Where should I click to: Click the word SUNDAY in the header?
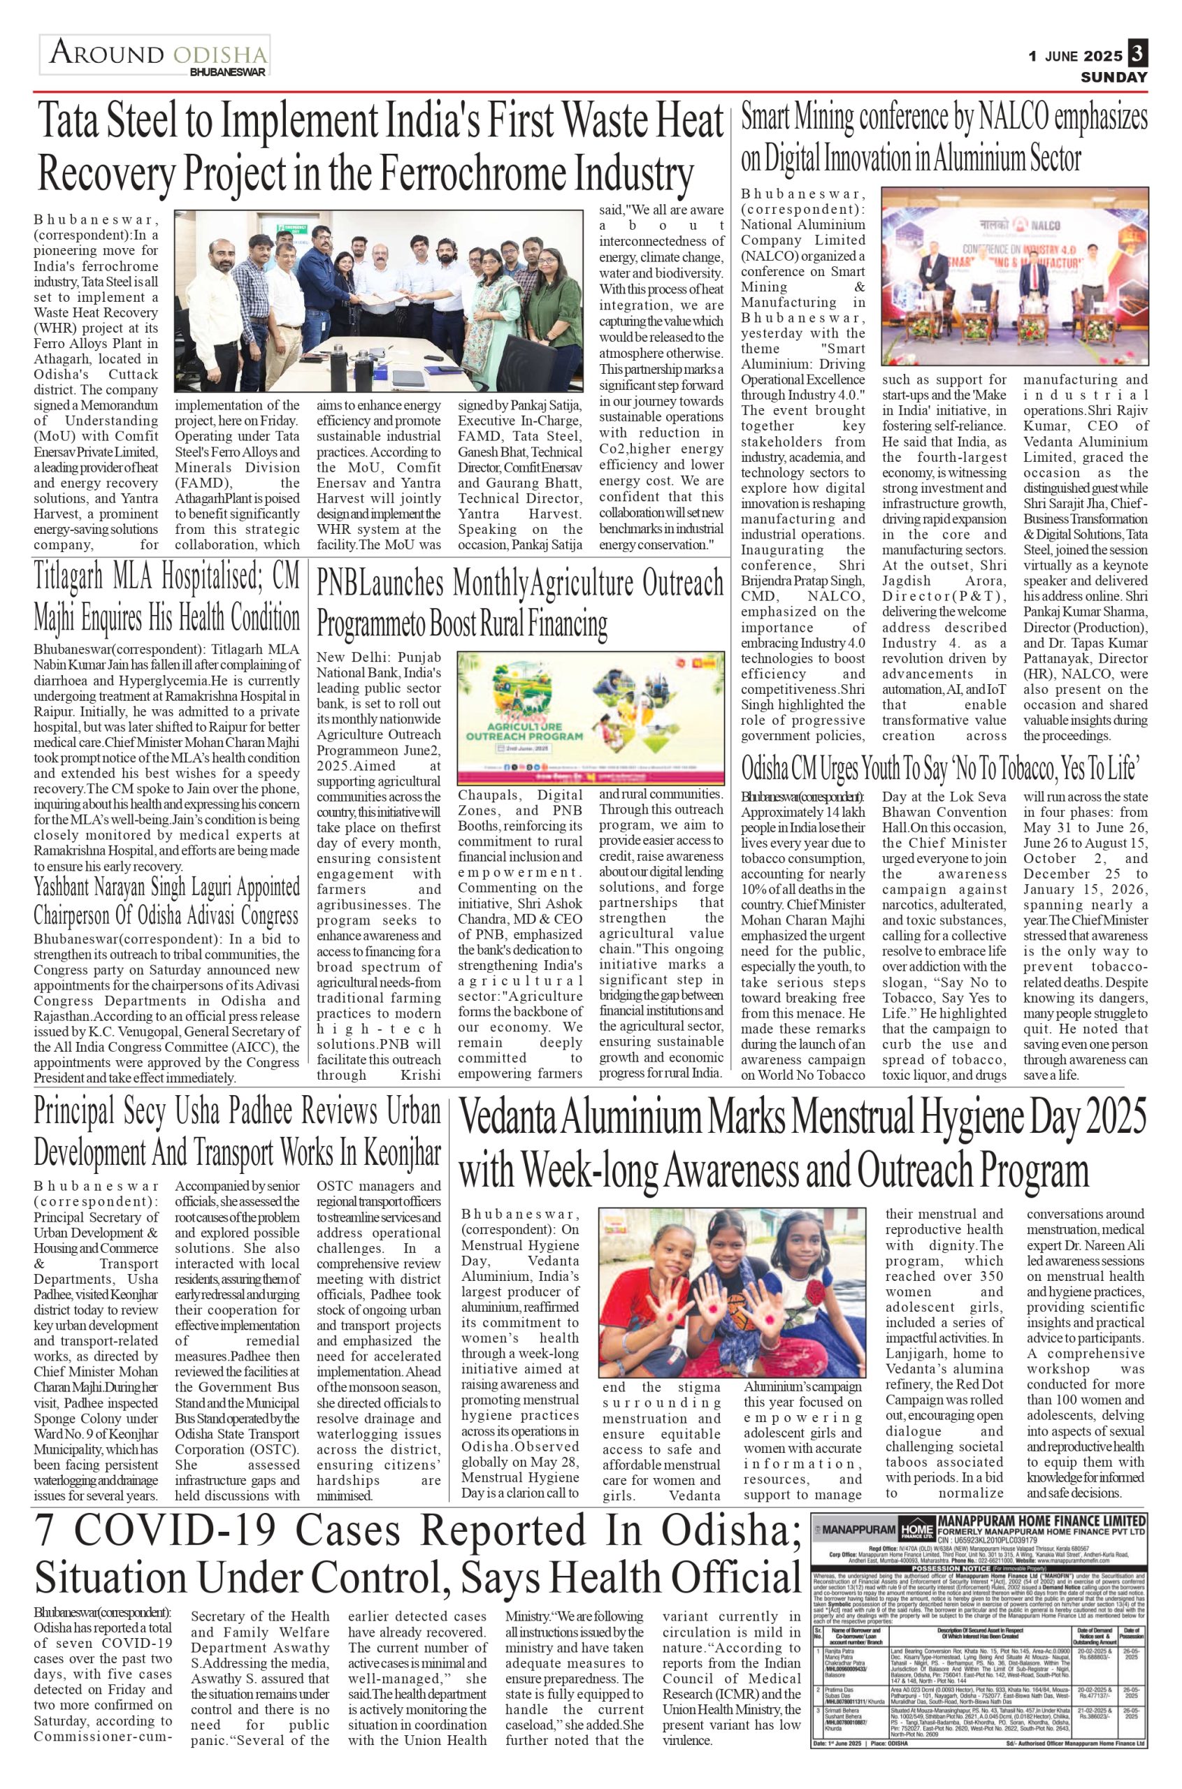coord(1114,77)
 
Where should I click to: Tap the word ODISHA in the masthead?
coord(219,55)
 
